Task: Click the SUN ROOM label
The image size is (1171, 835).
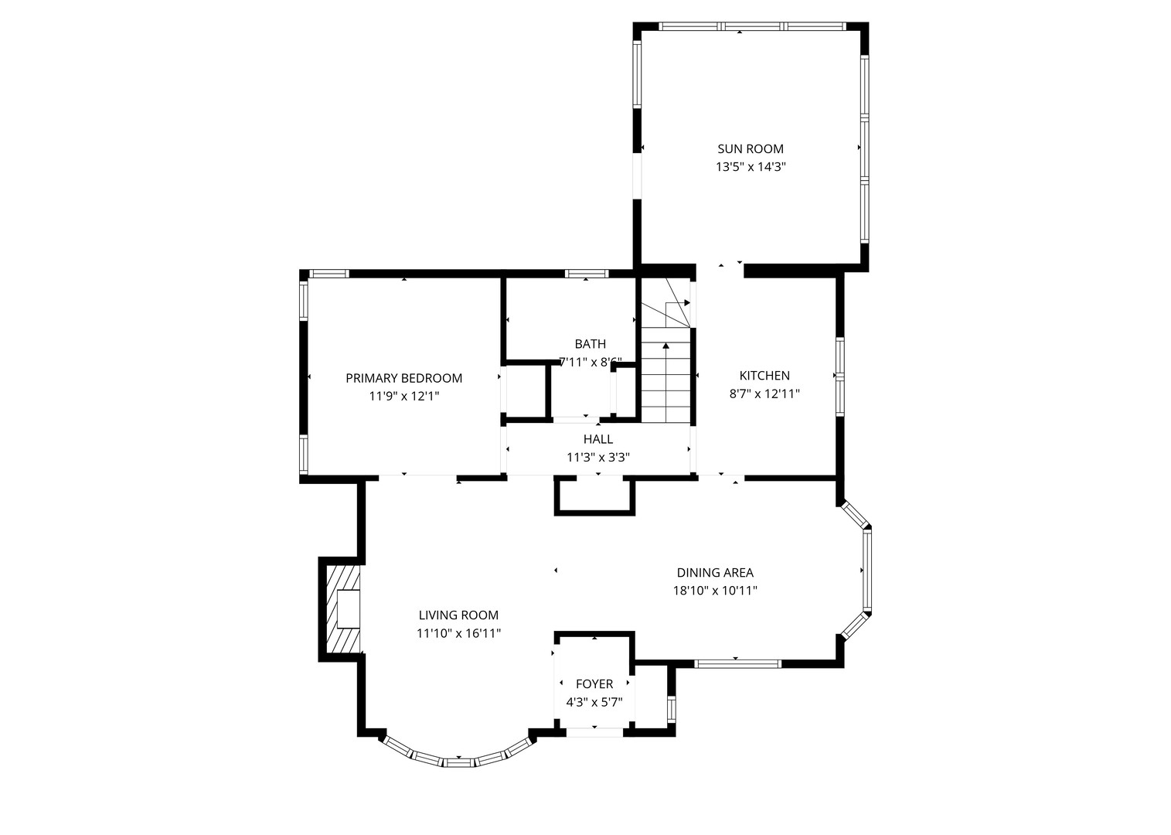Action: point(750,149)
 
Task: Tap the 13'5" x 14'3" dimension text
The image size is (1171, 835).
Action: point(750,167)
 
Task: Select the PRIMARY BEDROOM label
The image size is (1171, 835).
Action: point(403,378)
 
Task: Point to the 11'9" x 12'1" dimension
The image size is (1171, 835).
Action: point(403,396)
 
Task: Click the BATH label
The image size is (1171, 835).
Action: point(590,344)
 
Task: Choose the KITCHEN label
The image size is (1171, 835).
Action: point(764,376)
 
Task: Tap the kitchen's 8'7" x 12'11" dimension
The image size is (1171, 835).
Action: point(764,394)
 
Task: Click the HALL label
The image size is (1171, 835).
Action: point(598,440)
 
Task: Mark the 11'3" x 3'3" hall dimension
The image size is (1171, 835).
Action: point(598,458)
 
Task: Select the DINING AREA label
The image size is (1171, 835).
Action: point(715,573)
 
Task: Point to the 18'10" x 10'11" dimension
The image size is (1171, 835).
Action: point(715,591)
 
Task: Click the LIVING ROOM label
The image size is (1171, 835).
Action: point(458,615)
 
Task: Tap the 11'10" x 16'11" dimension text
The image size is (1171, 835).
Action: point(458,633)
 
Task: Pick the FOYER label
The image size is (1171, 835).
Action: point(594,684)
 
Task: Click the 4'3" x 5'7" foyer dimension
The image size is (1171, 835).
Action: point(594,703)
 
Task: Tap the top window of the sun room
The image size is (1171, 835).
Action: point(751,26)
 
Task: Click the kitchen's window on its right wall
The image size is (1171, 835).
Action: point(840,376)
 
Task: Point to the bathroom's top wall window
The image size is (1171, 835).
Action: point(587,274)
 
